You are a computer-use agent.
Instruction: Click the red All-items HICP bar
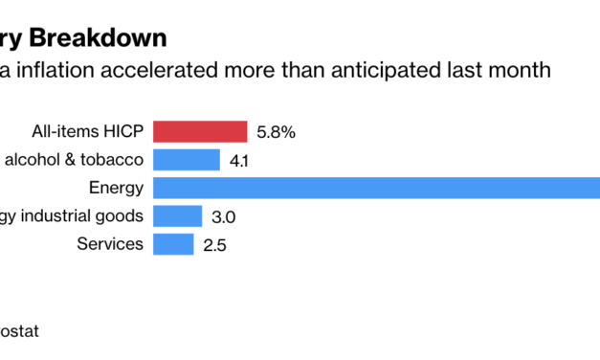(200, 132)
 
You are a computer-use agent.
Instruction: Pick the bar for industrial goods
(177, 215)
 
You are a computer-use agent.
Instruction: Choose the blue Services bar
(173, 243)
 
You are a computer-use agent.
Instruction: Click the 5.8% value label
(276, 132)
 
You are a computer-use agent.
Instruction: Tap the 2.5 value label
(215, 245)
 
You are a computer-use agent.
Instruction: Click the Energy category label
(116, 188)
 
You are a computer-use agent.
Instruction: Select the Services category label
(110, 243)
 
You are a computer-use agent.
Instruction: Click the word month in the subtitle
(521, 70)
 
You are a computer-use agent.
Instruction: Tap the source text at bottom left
(19, 331)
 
